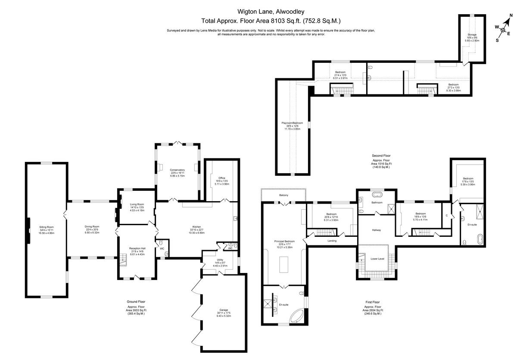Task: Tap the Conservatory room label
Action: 177,170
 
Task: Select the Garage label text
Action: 223,310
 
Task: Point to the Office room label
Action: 222,178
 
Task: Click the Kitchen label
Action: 197,227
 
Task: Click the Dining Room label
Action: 92,227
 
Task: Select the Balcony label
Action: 283,196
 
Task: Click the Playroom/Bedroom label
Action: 293,123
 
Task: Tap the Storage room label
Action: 472,34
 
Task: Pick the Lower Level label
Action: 377,259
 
